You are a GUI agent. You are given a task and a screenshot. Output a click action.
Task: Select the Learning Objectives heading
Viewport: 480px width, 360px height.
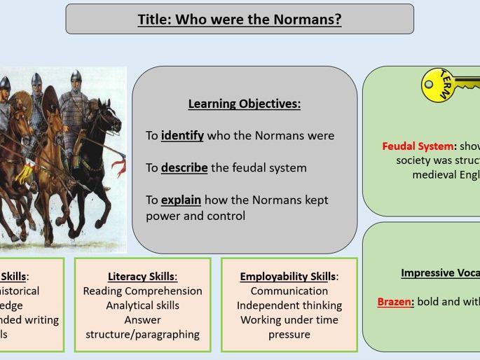tap(244, 104)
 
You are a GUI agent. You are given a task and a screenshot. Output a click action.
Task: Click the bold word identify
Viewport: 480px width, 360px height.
tap(182, 136)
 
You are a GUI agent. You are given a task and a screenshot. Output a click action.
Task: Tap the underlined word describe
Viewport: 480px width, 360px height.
tap(184, 168)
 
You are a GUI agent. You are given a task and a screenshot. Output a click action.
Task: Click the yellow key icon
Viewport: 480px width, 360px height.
tap(448, 85)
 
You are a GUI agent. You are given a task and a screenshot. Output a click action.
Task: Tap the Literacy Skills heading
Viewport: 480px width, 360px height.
tap(142, 276)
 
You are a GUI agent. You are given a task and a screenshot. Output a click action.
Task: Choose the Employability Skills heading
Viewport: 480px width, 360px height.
tap(289, 276)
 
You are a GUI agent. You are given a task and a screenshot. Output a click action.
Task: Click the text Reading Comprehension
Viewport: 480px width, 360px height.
tap(142, 291)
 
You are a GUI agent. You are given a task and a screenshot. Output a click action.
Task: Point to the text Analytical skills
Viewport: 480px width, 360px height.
tap(142, 305)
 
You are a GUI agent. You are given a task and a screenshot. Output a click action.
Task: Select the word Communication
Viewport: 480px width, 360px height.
tap(289, 291)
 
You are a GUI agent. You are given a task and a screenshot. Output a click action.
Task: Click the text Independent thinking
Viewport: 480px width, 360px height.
tap(289, 305)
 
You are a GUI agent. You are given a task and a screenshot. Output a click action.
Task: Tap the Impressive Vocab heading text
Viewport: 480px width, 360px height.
tap(440, 273)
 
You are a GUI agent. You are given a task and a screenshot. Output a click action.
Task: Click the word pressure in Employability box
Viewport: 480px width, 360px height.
tap(289, 334)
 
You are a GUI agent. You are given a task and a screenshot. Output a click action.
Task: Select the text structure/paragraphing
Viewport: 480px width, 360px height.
tap(142, 334)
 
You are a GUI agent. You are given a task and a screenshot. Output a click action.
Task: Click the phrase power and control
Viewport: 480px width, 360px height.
tap(196, 216)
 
